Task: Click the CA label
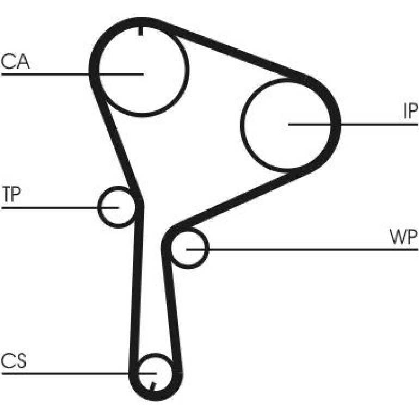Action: pos(15,61)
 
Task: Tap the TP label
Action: pos(11,194)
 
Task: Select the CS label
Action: pos(14,360)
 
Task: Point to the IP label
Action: pos(410,111)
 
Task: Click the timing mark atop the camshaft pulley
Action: pos(140,31)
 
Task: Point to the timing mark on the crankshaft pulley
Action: pos(152,386)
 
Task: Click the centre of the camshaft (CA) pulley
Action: pos(144,74)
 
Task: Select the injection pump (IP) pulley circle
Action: pos(241,125)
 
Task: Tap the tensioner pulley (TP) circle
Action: pos(98,207)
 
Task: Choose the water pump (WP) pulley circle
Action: pos(208,249)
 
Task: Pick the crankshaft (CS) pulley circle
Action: pos(156,354)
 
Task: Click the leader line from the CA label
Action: pos(73,75)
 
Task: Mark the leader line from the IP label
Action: pos(353,125)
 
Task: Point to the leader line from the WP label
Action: pos(302,250)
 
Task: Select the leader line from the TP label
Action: pos(60,208)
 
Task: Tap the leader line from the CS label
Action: pos(79,373)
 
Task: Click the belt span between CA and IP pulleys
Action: pos(232,51)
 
